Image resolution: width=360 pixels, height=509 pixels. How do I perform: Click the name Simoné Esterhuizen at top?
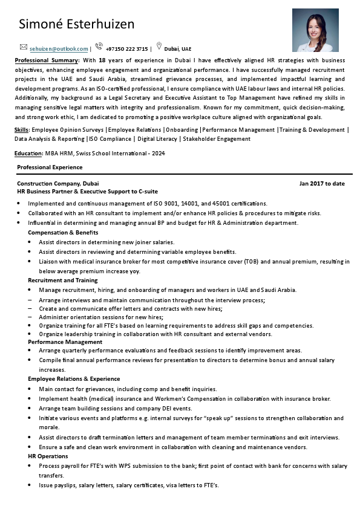76,24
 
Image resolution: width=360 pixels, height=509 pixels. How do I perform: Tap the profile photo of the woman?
315,30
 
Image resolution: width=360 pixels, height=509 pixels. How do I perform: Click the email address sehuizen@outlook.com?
59,49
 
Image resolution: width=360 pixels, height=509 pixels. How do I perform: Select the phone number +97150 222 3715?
126,49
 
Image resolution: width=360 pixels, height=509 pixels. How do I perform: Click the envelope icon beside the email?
24,47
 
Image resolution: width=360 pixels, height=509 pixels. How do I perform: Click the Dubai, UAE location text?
177,49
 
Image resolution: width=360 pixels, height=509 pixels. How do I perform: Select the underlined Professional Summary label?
47,61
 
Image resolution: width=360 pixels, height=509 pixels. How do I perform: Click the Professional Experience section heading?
50,167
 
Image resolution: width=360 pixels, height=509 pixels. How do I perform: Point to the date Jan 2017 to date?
322,183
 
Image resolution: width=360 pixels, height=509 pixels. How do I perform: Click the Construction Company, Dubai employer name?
57,183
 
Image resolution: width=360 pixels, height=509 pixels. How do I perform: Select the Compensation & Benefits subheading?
63,233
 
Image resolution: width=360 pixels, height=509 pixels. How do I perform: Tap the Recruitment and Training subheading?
63,280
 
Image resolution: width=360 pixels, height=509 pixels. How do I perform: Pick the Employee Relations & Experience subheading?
74,379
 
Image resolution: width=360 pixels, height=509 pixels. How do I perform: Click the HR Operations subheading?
48,456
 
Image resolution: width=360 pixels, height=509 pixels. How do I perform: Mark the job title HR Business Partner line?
87,191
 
